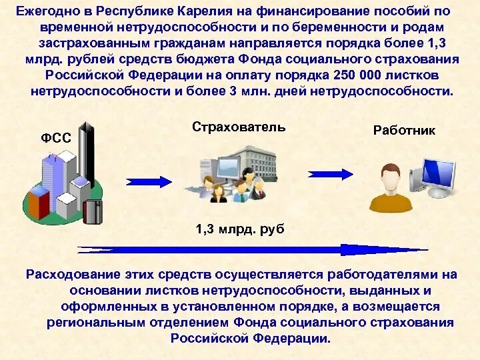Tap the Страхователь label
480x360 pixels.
[x=239, y=127]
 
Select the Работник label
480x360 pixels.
[x=404, y=131]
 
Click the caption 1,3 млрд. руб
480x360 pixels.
[x=240, y=229]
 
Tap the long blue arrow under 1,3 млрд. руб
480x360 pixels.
[x=253, y=250]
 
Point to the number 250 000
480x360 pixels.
[x=350, y=76]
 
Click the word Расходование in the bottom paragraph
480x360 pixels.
[x=72, y=274]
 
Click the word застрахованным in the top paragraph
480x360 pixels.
[x=88, y=44]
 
